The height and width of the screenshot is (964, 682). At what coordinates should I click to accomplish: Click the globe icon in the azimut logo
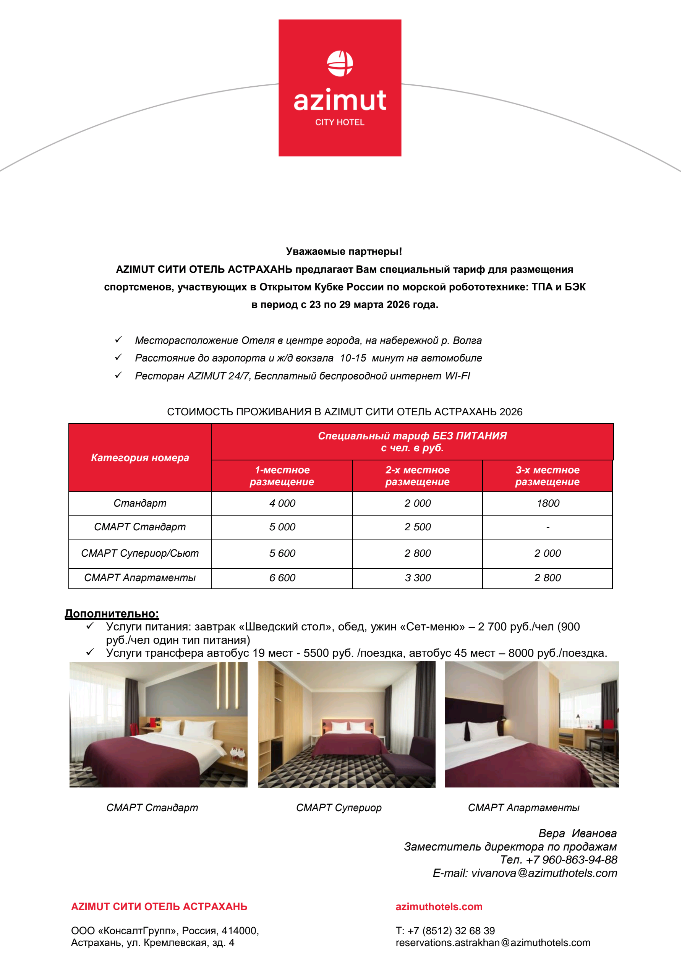click(x=340, y=63)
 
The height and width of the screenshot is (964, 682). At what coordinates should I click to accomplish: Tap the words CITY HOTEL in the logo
click(x=340, y=122)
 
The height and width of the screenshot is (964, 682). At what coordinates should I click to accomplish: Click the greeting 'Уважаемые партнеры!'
click(x=344, y=251)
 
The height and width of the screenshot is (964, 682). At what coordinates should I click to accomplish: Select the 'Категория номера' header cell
click(x=140, y=458)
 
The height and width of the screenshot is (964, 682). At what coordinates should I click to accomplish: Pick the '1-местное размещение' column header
click(x=282, y=476)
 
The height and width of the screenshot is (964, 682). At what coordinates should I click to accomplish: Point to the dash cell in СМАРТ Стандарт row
click(x=548, y=527)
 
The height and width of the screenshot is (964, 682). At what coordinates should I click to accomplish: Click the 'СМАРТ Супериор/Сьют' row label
click(x=140, y=553)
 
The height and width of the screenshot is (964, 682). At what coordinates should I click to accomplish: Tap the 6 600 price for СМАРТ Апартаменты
click(x=282, y=578)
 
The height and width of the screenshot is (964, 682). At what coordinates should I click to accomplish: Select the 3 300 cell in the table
click(x=418, y=578)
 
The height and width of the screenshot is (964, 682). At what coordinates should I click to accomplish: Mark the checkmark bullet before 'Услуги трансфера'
click(x=90, y=652)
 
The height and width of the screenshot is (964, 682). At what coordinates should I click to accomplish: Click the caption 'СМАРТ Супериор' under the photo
click(x=339, y=807)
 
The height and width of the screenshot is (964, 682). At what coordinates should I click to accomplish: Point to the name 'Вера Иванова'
click(x=577, y=833)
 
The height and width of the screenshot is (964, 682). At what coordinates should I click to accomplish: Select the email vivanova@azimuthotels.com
click(x=544, y=873)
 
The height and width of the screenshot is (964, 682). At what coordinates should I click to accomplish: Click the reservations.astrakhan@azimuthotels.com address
click(x=493, y=943)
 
